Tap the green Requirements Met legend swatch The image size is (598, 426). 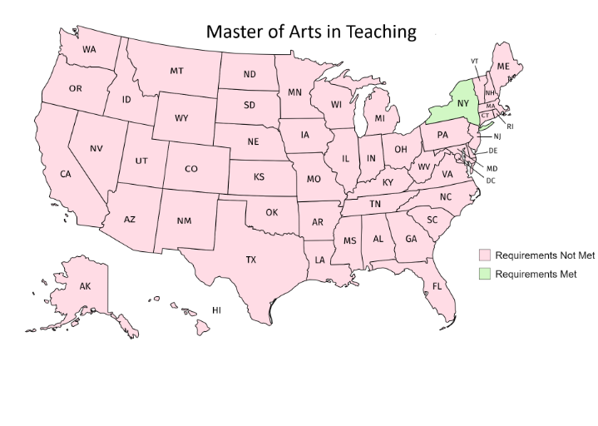click(x=482, y=273)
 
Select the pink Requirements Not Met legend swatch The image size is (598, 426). click(x=482, y=255)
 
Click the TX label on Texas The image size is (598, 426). click(x=250, y=260)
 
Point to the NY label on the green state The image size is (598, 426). click(x=462, y=103)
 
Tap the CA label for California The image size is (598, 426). click(x=65, y=174)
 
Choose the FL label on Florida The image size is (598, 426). click(x=436, y=287)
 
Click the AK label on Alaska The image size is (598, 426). click(x=85, y=286)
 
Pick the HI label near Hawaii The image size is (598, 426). click(x=216, y=310)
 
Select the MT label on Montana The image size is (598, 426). click(x=176, y=71)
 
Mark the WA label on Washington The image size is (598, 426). click(x=89, y=49)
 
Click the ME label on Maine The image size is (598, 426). click(x=503, y=66)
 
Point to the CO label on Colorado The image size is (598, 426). click(x=191, y=169)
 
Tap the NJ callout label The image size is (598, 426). click(x=497, y=136)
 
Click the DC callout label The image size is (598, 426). click(x=491, y=181)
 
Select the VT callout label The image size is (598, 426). click(x=474, y=61)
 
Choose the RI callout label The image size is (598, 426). click(x=510, y=126)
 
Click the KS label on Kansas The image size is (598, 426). click(x=259, y=176)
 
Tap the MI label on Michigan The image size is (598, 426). click(x=379, y=118)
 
